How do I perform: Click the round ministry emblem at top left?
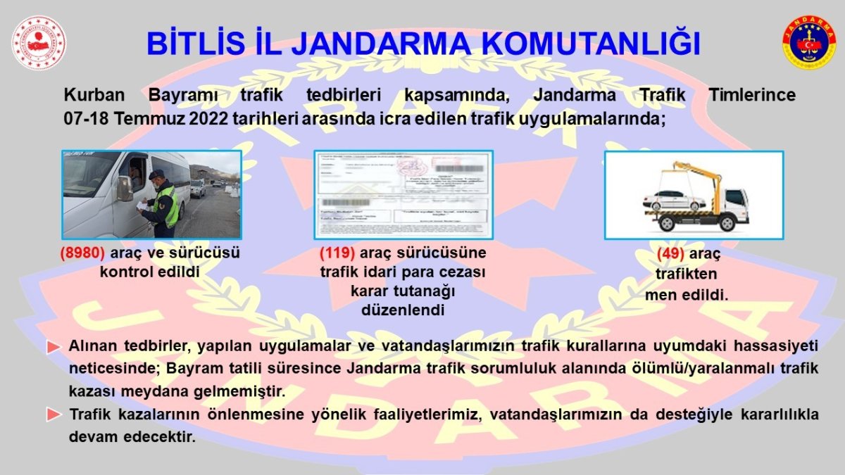pos(39,43)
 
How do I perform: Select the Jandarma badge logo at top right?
pos(808,43)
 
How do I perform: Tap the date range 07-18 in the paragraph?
pos(85,118)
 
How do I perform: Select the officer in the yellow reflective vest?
pos(162,204)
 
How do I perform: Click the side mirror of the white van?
pos(124,188)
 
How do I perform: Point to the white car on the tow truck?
pos(674,201)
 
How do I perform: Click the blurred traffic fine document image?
pos(403,194)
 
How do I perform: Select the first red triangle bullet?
pos(54,348)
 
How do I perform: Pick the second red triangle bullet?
pos(54,415)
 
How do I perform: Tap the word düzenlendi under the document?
pos(403,310)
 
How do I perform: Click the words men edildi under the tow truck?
pos(686,295)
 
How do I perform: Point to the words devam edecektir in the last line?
pos(132,436)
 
